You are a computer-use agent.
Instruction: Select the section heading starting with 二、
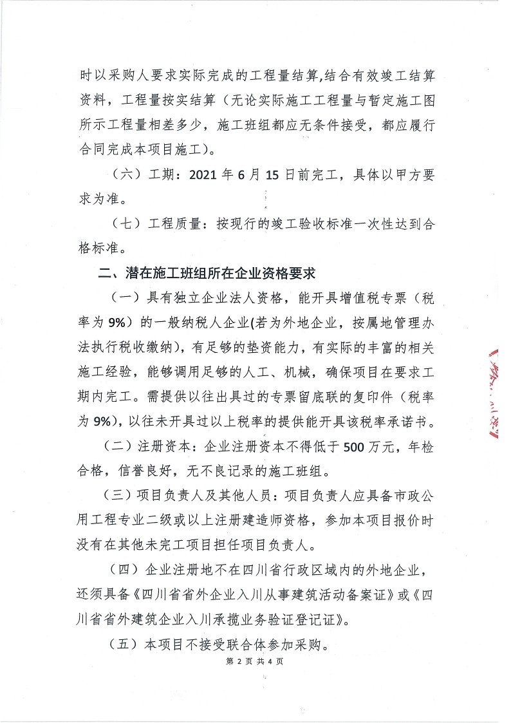click(x=206, y=273)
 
